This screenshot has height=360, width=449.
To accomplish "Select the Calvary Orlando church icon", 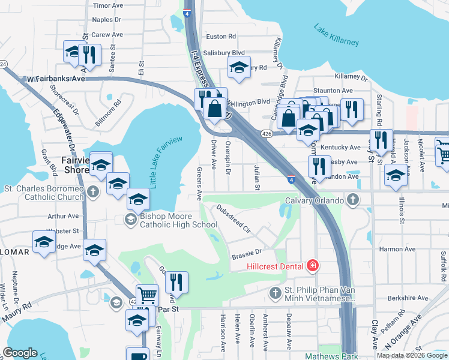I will point(354,200).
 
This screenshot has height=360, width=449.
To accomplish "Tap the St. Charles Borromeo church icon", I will point(92,192).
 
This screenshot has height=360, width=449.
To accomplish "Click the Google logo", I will point(20,353).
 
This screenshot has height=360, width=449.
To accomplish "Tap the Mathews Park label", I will point(323,355).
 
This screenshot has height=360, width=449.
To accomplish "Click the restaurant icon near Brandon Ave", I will point(319,167).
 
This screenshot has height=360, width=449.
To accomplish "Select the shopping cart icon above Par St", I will point(147,295).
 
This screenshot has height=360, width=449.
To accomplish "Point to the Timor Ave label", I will point(109,5).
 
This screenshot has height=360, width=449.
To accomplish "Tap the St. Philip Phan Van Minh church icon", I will point(275,292).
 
